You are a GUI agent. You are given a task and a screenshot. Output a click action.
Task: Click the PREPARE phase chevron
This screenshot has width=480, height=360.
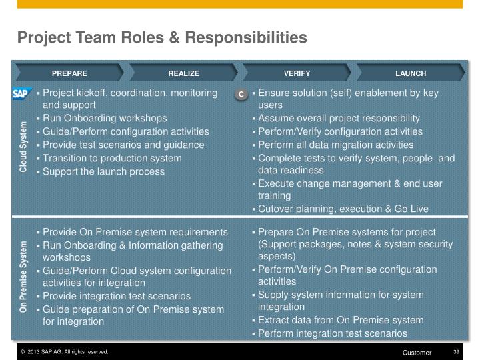click(x=69, y=73)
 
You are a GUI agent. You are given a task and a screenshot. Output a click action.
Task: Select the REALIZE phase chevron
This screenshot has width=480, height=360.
click(x=183, y=73)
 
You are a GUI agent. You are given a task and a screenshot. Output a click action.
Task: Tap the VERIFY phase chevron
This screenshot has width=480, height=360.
click(x=297, y=73)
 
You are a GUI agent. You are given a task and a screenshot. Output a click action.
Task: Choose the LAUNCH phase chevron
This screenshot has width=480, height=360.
click(x=410, y=73)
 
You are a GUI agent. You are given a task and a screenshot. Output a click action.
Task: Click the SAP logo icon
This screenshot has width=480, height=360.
click(x=22, y=94)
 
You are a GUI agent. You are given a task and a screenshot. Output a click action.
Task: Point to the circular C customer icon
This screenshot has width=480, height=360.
click(x=241, y=95)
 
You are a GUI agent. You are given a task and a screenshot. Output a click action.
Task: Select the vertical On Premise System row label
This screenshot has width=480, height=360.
click(x=23, y=277)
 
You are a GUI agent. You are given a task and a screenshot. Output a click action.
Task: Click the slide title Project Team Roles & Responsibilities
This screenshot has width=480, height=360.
click(x=162, y=37)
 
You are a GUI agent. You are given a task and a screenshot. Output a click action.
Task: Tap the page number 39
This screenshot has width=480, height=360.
click(x=457, y=352)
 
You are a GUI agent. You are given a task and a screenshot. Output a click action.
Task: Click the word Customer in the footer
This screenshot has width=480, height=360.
click(x=417, y=352)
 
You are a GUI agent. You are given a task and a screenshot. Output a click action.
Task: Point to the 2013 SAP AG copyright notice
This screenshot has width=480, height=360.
click(x=64, y=352)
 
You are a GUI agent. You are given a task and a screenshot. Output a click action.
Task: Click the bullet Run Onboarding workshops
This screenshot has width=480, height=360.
click(x=105, y=118)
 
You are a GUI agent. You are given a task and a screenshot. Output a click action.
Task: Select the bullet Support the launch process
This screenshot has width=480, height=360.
click(x=103, y=171)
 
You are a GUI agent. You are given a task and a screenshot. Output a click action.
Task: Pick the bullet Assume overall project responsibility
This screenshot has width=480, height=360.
click(x=339, y=118)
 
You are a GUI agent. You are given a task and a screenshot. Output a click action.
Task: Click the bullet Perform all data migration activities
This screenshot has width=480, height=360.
click(x=335, y=145)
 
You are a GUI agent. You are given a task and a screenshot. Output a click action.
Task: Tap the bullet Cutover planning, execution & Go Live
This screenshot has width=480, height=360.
click(x=343, y=209)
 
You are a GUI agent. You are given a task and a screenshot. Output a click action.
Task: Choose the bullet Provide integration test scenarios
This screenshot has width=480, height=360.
click(x=117, y=295)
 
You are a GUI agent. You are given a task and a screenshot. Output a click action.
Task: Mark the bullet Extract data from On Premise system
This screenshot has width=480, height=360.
click(x=341, y=320)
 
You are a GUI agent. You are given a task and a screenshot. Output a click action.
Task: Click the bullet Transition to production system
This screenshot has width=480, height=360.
click(x=112, y=158)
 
